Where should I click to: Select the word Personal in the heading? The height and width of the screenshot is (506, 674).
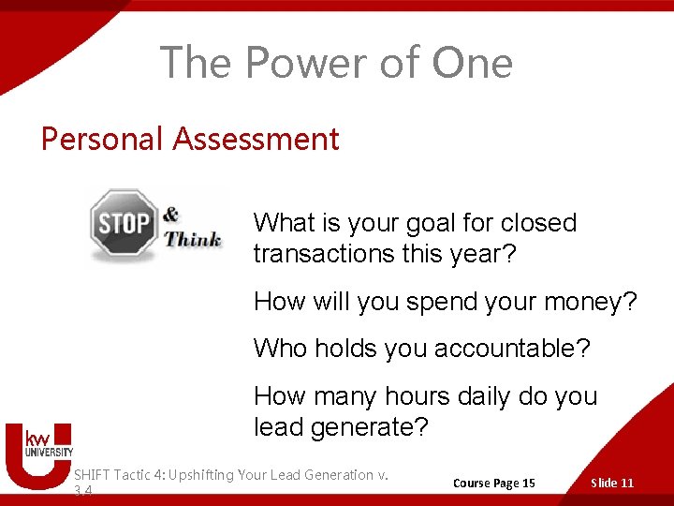[102, 139]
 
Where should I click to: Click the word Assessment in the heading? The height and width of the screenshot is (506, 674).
[256, 139]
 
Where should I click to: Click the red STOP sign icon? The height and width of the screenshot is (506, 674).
[124, 224]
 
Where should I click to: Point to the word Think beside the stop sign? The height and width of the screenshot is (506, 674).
[193, 239]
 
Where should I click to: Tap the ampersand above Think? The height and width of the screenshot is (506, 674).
[170, 215]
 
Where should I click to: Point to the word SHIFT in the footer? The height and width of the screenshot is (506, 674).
[92, 475]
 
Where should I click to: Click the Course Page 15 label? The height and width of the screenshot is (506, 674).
[494, 483]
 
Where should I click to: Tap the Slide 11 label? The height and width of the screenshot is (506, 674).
[612, 483]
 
